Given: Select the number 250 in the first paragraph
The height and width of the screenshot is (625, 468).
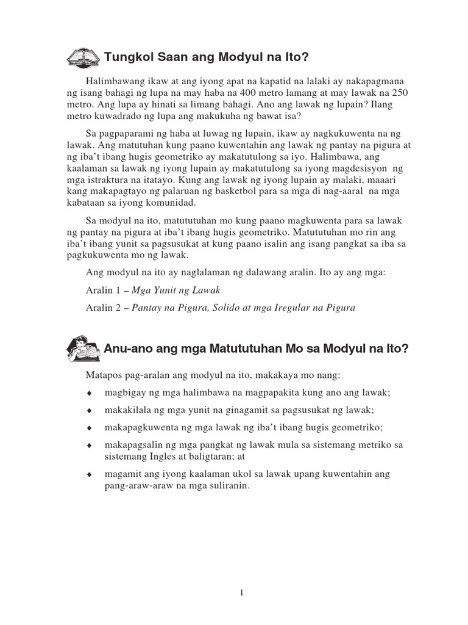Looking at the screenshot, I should pyautogui.click(x=400, y=93).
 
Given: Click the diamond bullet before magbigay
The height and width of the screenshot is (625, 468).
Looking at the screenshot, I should pyautogui.click(x=89, y=394).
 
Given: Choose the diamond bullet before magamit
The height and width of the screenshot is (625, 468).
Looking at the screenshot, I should pyautogui.click(x=89, y=474).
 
